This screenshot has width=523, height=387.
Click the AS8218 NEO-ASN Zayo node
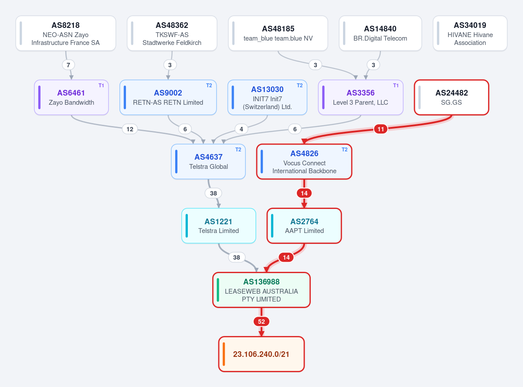click(66, 33)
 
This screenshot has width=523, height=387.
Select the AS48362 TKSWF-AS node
click(172, 33)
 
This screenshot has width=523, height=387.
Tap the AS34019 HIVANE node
click(470, 33)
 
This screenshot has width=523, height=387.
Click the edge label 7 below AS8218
click(68, 65)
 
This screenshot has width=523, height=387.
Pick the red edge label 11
click(380, 129)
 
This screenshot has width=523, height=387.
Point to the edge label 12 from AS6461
click(130, 129)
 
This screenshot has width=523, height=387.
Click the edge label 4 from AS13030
click(241, 129)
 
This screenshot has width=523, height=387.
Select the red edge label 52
click(261, 322)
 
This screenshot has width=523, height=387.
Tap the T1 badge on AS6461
click(101, 86)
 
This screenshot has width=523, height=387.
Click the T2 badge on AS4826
click(344, 150)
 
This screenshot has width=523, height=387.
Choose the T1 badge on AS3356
click(396, 86)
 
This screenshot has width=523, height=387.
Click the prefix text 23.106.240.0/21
click(261, 354)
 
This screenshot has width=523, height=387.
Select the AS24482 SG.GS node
click(452, 98)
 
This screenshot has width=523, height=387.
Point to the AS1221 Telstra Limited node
click(219, 226)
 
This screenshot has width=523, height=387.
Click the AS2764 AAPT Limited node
click(304, 226)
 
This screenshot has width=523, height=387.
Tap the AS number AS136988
click(261, 282)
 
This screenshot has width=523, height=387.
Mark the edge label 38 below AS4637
click(214, 193)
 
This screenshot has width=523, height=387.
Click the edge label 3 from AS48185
click(315, 65)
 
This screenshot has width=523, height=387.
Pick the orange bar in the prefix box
click(224, 354)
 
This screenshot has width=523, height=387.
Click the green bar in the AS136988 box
click(218, 290)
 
